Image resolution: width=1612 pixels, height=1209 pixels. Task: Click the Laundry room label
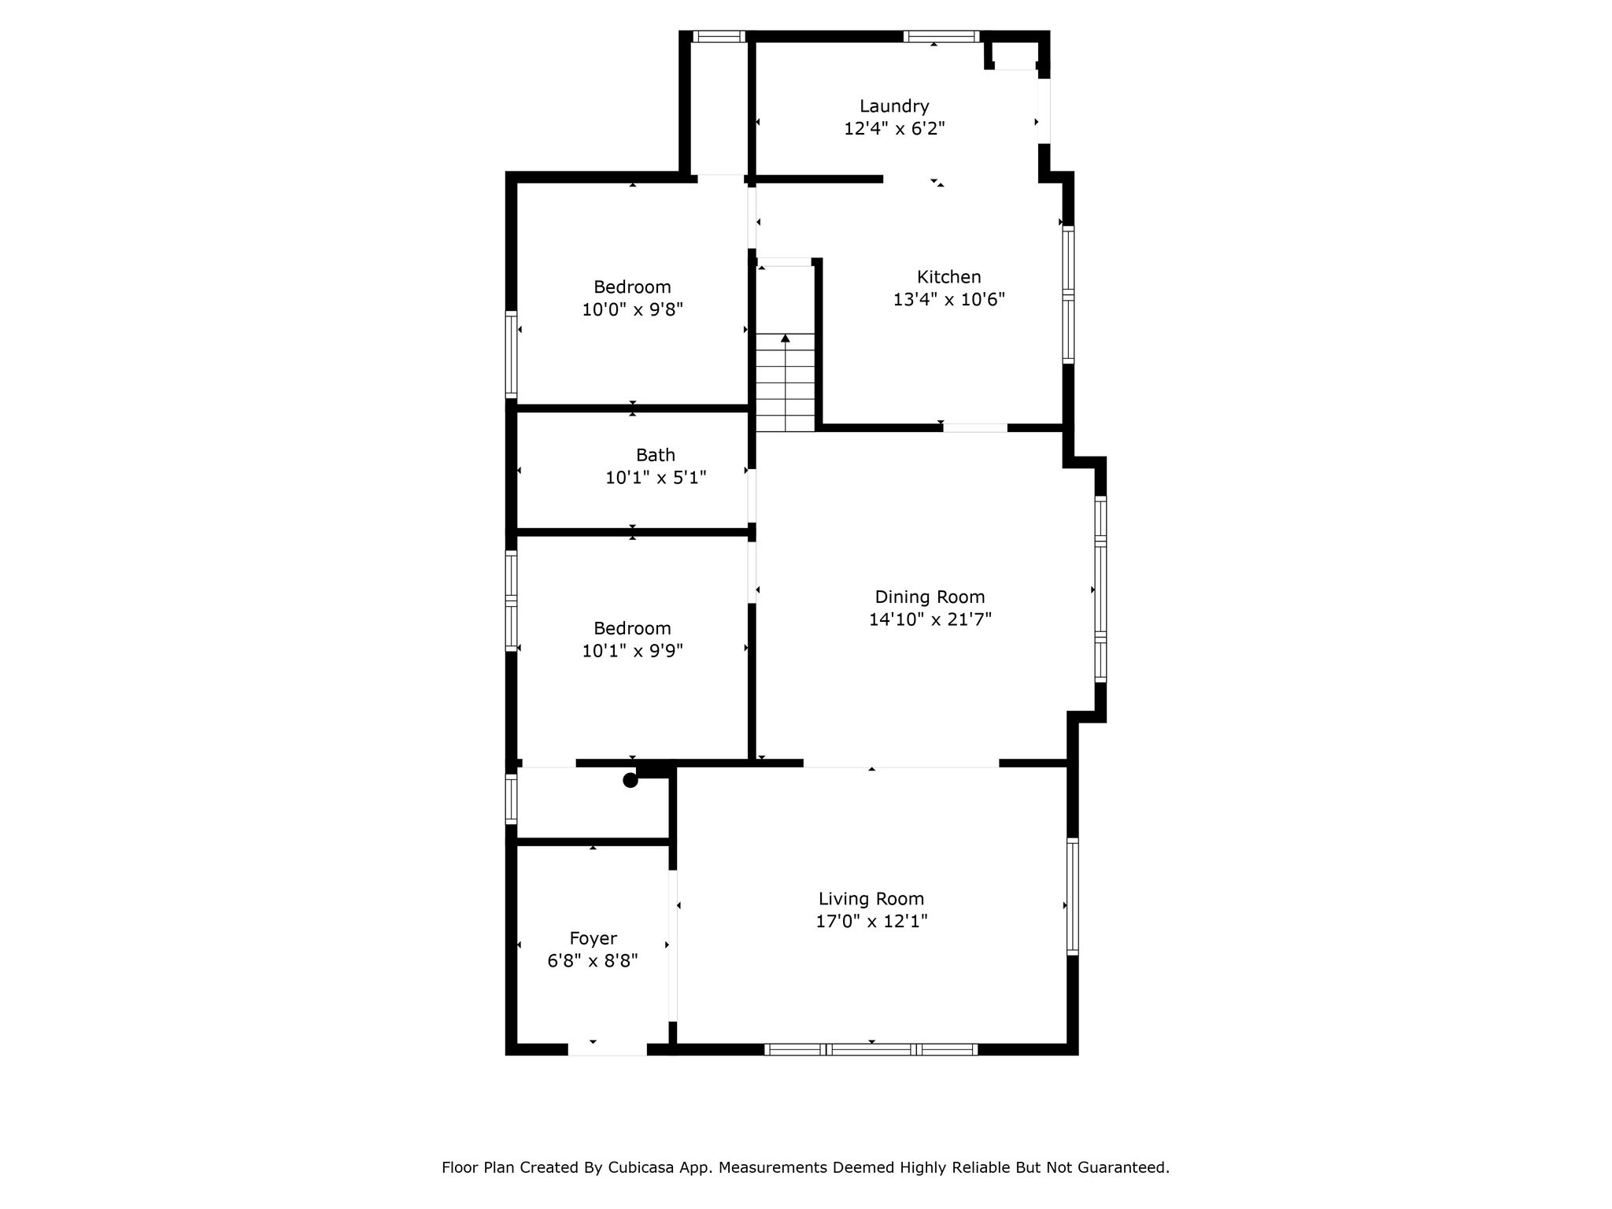click(x=894, y=106)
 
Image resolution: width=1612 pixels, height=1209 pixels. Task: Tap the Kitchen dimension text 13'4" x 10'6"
click(x=949, y=299)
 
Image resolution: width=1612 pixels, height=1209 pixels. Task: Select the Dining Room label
click(x=930, y=597)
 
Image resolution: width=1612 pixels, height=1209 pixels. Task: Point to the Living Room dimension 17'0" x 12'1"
click(x=871, y=921)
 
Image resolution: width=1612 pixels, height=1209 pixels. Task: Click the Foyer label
click(x=593, y=938)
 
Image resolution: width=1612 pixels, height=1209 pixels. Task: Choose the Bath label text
click(x=656, y=455)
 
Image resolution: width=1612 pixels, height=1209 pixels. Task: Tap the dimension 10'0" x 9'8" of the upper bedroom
click(x=632, y=309)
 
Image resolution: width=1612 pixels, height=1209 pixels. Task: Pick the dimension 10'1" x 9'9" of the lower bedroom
click(x=632, y=651)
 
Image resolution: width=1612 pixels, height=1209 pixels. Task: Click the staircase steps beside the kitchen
click(x=785, y=383)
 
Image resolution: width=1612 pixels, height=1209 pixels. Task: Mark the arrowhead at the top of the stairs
click(x=785, y=338)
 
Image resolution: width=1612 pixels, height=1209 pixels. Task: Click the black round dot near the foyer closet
click(x=630, y=780)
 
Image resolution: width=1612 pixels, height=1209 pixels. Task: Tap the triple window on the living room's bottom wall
click(x=871, y=1049)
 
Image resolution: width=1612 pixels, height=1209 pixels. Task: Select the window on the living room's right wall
click(x=1072, y=897)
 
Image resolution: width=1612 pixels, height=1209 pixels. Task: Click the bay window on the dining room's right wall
click(x=1100, y=588)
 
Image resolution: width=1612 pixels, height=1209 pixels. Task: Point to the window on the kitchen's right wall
click(x=1068, y=294)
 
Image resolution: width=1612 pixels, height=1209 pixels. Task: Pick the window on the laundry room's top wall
click(x=941, y=36)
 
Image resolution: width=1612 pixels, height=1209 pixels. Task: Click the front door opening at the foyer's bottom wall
click(x=607, y=1049)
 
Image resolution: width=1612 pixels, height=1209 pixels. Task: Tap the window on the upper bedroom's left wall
click(x=511, y=354)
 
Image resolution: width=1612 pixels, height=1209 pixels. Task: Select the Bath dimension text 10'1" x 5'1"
click(x=656, y=478)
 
